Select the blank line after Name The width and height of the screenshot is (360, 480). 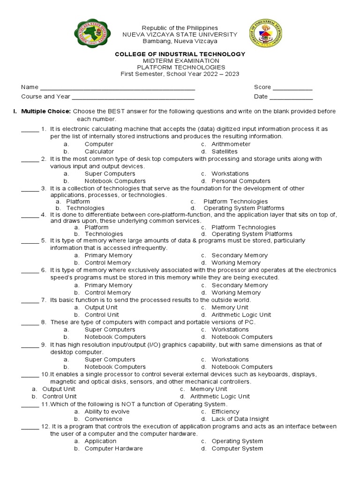tap(117, 88)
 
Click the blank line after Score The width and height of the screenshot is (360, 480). tap(292, 88)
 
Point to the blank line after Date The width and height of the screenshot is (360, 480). tap(291, 97)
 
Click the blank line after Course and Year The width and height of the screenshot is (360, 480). tap(133, 97)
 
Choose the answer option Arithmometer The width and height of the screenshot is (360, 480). tap(231, 144)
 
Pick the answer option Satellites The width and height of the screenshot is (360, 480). tap(224, 152)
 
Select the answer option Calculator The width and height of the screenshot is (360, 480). tap(99, 152)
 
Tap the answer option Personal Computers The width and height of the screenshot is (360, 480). tap(240, 181)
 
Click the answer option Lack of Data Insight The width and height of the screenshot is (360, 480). tap(240, 419)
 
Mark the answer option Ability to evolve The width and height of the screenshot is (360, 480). tap(107, 412)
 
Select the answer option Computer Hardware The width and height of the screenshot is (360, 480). tap(113, 449)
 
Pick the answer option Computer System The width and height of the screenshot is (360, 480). tap(237, 449)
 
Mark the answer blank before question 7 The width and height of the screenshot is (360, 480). tap(30, 301)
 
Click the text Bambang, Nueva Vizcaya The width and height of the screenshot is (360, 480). tap(180, 41)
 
